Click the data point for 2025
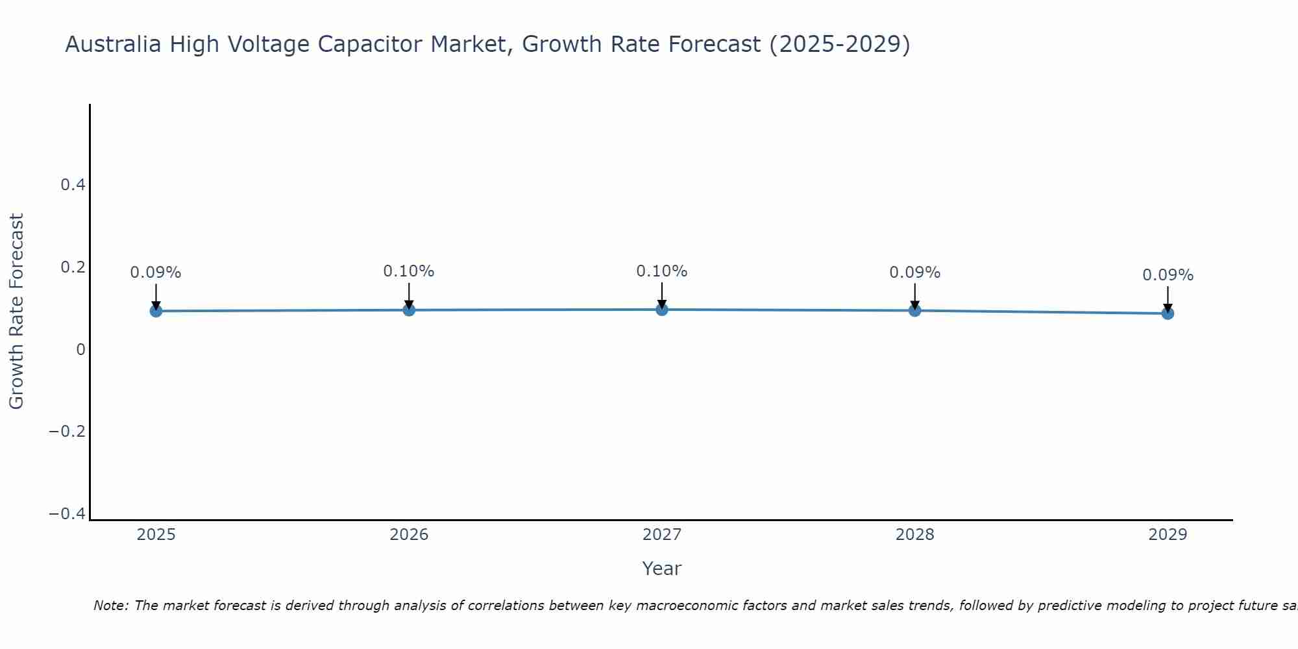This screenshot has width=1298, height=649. tap(156, 311)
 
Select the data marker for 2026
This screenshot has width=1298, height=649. tap(409, 310)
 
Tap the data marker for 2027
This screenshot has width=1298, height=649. tap(662, 309)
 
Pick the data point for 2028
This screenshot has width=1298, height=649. tap(914, 310)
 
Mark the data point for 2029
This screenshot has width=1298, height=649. tap(1168, 313)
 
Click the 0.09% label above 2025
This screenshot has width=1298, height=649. tap(156, 273)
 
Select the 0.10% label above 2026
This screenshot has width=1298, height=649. tap(409, 271)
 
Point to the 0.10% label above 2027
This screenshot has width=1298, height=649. tap(662, 271)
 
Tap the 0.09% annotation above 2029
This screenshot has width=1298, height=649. tap(1168, 275)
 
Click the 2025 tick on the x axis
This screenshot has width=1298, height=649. tap(156, 535)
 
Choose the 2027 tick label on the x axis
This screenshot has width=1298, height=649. tap(662, 535)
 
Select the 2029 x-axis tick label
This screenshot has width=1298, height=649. tap(1168, 535)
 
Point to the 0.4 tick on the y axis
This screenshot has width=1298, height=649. tap(73, 185)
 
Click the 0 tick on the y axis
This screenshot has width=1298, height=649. tap(80, 350)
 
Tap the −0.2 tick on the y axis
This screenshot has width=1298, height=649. tap(67, 432)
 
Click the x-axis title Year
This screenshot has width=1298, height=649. tap(661, 569)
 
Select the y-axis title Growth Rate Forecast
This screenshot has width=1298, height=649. tap(16, 311)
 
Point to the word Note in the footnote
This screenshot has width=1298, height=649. tap(110, 606)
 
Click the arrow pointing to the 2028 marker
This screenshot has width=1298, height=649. tap(914, 295)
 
